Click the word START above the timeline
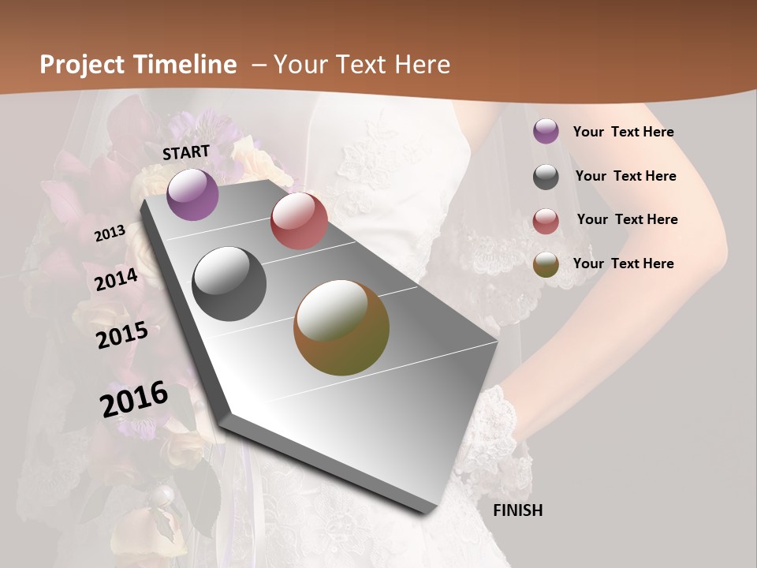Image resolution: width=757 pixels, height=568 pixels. pos(186,152)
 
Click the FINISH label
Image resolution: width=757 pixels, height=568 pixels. pos(518,510)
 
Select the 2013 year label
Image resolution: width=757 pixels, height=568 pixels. pos(110,234)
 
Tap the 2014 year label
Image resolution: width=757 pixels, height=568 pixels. pos(117,280)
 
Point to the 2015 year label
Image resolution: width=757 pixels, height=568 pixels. pos(122,335)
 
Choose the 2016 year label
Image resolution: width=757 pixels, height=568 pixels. pos(134,399)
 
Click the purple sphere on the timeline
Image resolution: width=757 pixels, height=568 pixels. pos(192,194)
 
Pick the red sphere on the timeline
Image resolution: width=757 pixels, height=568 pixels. pos(299,221)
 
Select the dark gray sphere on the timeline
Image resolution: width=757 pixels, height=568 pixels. pos(229,284)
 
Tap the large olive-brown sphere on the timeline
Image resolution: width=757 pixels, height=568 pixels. pos(341,327)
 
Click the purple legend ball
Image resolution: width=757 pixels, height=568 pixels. pos(546,131)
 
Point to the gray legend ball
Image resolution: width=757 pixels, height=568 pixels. pos(546,177)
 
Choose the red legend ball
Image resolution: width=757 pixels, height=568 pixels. pos(546,221)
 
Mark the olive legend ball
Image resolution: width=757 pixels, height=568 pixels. pos(546,264)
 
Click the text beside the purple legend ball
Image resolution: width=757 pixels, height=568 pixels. pos(623,132)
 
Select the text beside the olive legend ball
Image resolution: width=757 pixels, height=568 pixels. pos(623,263)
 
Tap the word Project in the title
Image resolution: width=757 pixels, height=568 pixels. pos(82,65)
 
